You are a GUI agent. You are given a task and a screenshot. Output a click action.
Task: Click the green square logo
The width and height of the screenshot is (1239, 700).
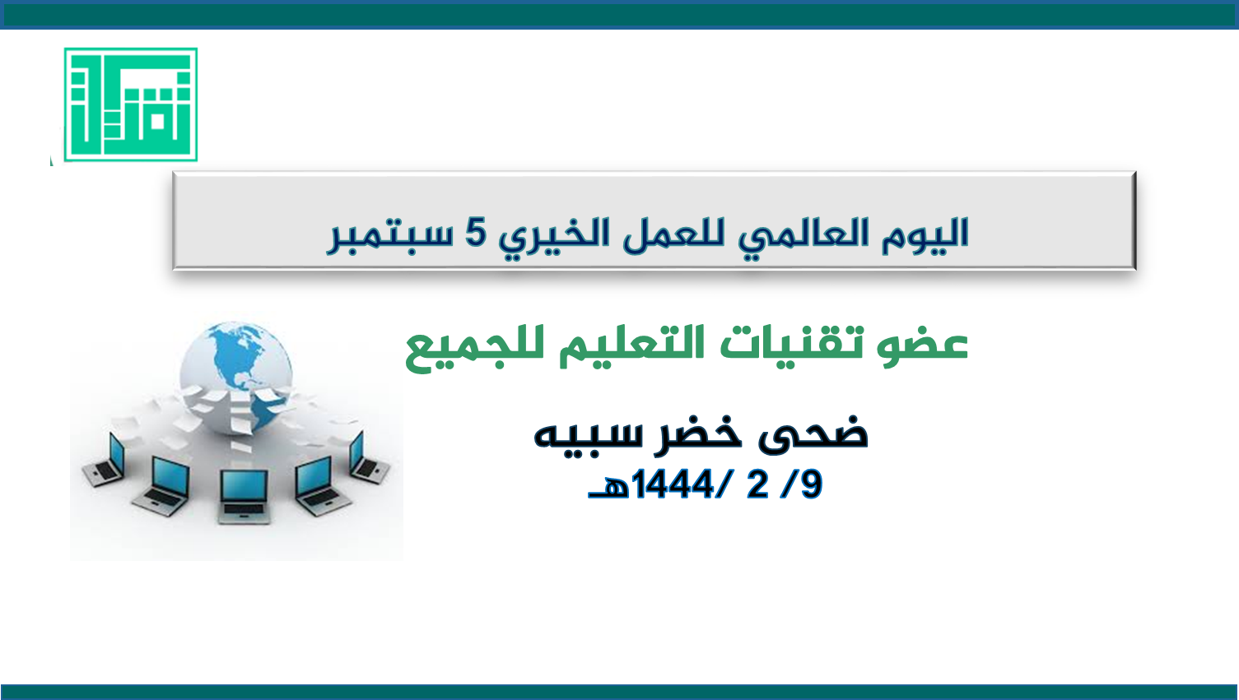pos(131,104)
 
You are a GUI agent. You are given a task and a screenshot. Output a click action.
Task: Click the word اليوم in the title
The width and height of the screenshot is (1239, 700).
pos(925,235)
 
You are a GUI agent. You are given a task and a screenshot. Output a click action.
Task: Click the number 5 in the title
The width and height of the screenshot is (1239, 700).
pos(475,233)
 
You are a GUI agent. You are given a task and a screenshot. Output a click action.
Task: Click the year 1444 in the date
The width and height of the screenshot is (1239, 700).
pos(672,484)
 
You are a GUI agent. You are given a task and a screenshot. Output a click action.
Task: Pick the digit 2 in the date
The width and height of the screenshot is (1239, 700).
pos(757,484)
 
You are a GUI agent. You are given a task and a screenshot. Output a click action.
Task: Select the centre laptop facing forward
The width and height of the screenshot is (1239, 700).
pos(244,496)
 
